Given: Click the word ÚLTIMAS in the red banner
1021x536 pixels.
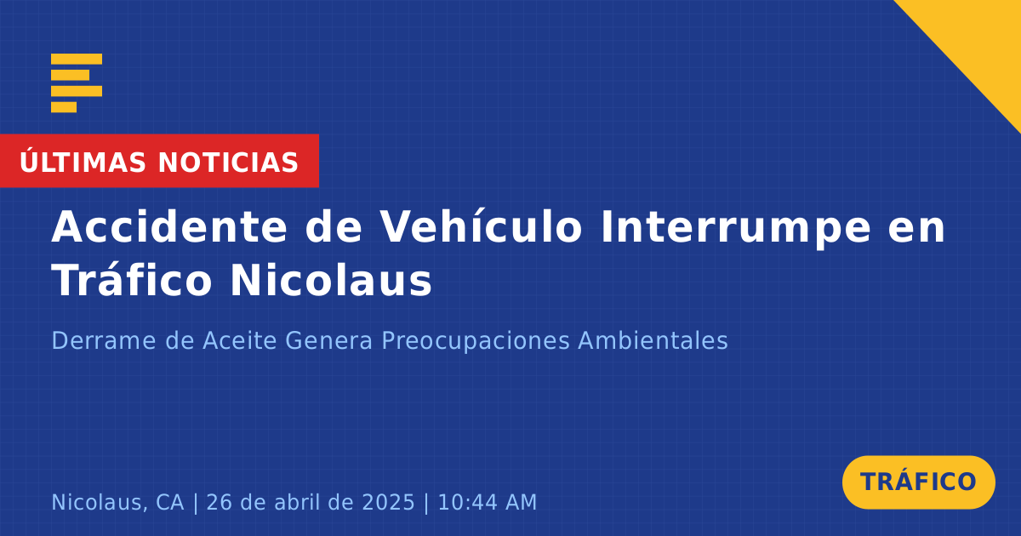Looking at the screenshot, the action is tap(83, 162).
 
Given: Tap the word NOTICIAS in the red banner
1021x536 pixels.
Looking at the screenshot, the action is tap(228, 163).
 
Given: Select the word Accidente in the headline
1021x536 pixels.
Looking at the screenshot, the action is tap(169, 227).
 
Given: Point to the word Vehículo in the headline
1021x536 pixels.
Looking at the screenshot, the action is tap(481, 227).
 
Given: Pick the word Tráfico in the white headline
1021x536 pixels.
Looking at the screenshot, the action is tap(132, 280).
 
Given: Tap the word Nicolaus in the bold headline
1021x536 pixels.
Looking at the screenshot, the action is tap(331, 280).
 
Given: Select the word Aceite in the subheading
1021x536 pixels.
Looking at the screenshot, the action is tap(240, 340).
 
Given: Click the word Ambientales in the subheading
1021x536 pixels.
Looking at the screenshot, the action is tap(653, 340).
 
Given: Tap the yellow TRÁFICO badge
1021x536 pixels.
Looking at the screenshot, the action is tap(918, 482).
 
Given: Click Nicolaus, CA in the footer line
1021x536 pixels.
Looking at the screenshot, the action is tap(117, 503).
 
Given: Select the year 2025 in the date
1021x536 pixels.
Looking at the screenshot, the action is tap(388, 502).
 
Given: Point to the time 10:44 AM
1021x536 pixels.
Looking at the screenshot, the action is tap(488, 502).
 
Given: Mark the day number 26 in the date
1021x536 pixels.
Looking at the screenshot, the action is tap(220, 502).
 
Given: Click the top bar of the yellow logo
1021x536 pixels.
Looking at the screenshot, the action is tap(77, 59).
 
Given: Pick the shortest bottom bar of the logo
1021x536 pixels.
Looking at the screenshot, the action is tap(64, 106).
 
